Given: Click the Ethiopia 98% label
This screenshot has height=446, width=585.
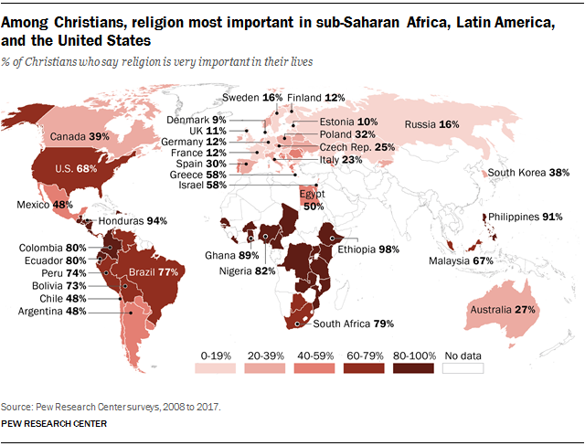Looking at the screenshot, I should coord(366,248).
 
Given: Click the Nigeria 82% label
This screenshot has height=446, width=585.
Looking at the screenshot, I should coord(246,271).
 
